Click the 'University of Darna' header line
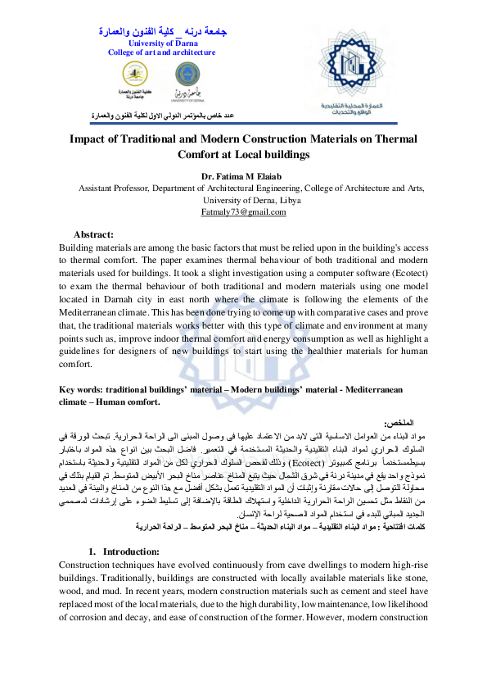coord(161,43)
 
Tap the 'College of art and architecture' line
coord(161,52)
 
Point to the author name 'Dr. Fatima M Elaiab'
coord(243,175)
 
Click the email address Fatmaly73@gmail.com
coord(243,212)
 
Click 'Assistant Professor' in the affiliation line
coord(114,188)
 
